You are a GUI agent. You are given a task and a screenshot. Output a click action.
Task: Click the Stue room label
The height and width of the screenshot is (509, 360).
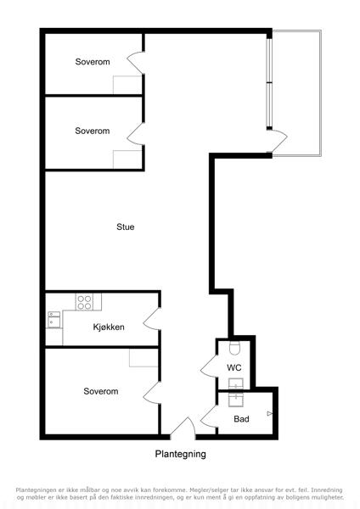point(126,227)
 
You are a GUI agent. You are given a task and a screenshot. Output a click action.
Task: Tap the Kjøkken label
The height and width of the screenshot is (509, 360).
point(109,327)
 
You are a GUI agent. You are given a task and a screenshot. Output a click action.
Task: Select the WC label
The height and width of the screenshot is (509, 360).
point(234,367)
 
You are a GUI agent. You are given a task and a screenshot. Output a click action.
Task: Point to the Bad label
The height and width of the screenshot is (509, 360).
point(241,419)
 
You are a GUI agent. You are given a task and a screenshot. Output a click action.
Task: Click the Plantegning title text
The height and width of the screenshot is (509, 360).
point(180,454)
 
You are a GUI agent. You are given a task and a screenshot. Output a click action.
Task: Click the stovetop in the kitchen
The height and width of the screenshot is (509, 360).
point(84,302)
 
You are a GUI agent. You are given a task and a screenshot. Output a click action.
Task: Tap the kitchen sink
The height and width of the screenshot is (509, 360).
point(54,320)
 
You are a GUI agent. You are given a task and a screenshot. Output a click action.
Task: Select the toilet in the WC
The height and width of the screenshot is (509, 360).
point(234,348)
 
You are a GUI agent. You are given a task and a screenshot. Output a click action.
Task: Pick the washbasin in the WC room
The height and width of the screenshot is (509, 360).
point(235,383)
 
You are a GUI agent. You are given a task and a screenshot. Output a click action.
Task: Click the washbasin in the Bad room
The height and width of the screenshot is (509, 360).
point(235,400)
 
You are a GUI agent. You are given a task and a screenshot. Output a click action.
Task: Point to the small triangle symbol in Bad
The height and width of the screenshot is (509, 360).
point(269,414)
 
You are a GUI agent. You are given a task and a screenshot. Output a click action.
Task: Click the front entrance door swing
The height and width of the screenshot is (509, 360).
point(183,427)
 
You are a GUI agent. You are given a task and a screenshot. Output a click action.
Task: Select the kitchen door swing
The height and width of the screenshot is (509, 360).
point(151,318)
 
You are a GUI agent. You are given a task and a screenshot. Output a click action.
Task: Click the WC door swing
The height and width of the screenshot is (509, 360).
point(209,366)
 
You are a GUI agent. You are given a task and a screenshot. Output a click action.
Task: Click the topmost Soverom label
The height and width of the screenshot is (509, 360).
point(93,62)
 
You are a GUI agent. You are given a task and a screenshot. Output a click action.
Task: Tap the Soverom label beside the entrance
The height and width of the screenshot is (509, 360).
point(101,391)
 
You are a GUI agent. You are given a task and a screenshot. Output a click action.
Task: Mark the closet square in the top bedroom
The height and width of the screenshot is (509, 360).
point(127,85)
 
